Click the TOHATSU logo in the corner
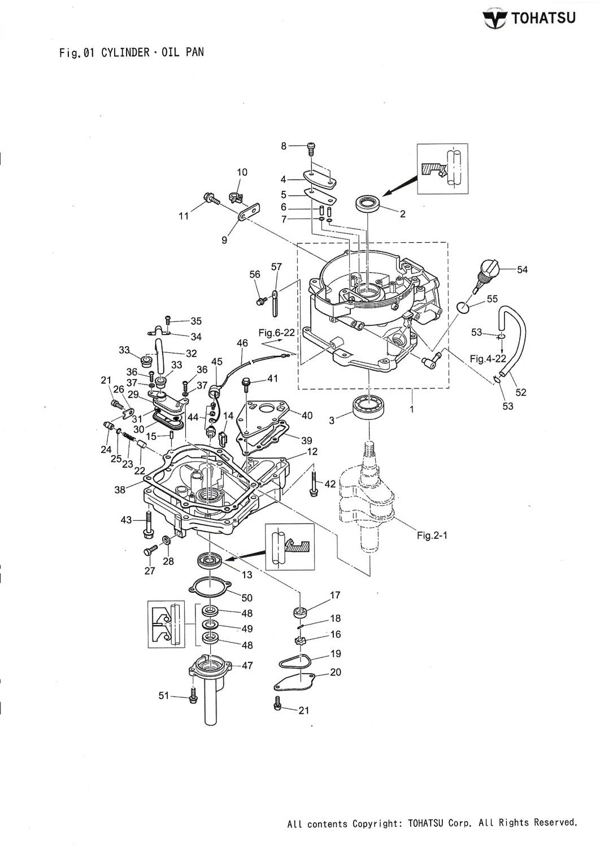pos(529,18)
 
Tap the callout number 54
pos(522,270)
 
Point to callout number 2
pos(402,214)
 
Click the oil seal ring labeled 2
pos(368,202)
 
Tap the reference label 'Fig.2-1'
pos(432,535)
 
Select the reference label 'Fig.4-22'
pos(488,358)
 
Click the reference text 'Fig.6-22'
pos(277,333)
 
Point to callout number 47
pos(247,665)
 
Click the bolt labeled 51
pos(193,696)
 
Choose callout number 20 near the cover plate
pos(336,673)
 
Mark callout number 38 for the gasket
pos(120,490)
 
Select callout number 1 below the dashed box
pos(411,409)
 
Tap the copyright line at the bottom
pos(432,823)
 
